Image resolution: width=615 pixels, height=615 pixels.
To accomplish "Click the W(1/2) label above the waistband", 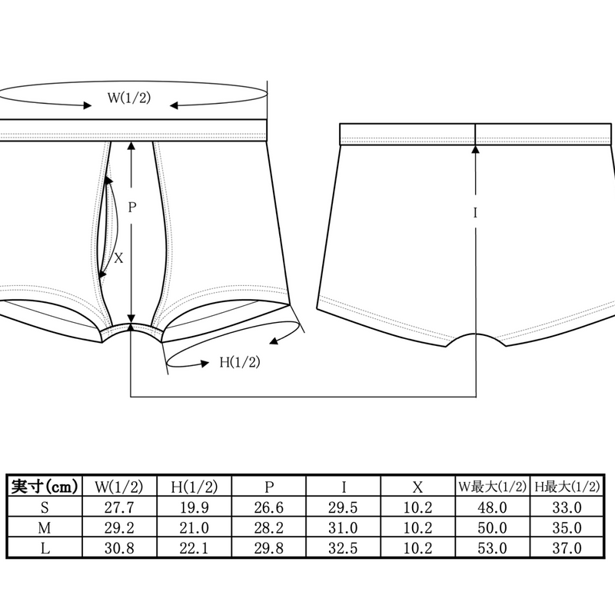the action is [129, 98].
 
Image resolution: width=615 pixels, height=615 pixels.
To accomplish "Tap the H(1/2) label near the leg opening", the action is [240, 361].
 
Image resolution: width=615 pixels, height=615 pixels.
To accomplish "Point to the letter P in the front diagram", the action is [132, 207].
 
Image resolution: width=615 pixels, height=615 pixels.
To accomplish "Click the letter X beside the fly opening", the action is [118, 258].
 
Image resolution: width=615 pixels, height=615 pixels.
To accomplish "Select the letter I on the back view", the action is [475, 213].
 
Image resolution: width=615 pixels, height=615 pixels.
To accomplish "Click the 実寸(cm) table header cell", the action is [45, 487].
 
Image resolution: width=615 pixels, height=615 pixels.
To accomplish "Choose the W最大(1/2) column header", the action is [492, 487].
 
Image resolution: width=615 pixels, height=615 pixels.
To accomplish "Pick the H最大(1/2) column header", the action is [567, 487].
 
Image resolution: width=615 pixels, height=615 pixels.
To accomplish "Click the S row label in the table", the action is [45, 507].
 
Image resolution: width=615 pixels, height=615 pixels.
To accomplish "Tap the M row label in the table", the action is [45, 528].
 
